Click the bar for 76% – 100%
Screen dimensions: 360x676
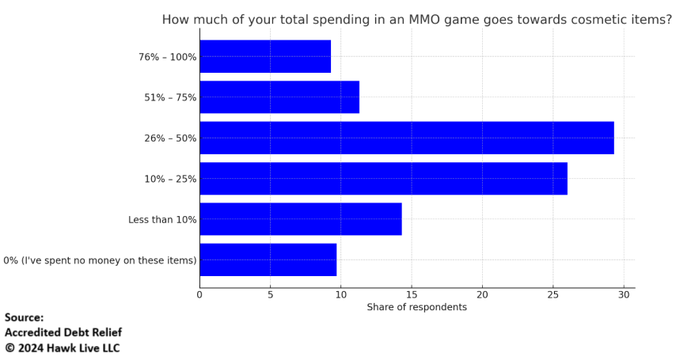pyautogui.click(x=265, y=56)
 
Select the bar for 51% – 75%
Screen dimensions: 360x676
pyautogui.click(x=279, y=97)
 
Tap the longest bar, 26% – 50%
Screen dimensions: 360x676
pyautogui.click(x=406, y=138)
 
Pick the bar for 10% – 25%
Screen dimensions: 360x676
pyautogui.click(x=383, y=179)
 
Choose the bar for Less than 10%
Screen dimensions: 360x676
pyautogui.click(x=301, y=219)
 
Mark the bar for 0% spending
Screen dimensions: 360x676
pyautogui.click(x=268, y=260)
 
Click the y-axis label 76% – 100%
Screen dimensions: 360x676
pyautogui.click(x=167, y=57)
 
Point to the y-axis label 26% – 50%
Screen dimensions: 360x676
pyautogui.click(x=170, y=138)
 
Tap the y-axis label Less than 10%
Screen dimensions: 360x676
pyautogui.click(x=162, y=220)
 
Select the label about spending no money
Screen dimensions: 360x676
pyautogui.click(x=100, y=260)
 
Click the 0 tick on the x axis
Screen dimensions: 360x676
pyautogui.click(x=199, y=295)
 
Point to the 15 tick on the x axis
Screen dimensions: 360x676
pyautogui.click(x=412, y=295)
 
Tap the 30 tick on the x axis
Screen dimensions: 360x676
pyautogui.click(x=624, y=295)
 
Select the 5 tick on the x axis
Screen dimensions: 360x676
pyautogui.click(x=270, y=295)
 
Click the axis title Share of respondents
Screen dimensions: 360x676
pyautogui.click(x=416, y=307)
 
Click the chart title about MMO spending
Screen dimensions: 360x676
pyautogui.click(x=416, y=20)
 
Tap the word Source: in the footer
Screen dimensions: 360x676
pyautogui.click(x=25, y=318)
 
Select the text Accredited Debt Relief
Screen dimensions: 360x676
pyautogui.click(x=63, y=333)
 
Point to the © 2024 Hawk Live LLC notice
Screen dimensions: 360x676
pyautogui.click(x=63, y=348)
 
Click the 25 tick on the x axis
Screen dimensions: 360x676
pyautogui.click(x=553, y=295)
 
